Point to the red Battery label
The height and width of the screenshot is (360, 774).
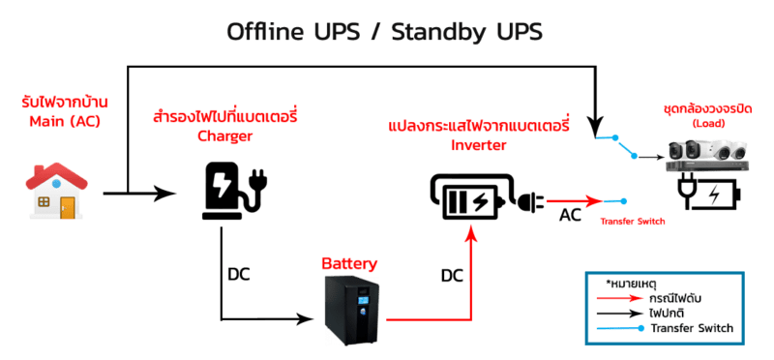click(349, 263)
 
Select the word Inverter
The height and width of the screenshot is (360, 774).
click(479, 145)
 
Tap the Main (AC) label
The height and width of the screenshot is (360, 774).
click(65, 122)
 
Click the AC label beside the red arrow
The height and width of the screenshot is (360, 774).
click(570, 215)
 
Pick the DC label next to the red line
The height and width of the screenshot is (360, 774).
click(452, 276)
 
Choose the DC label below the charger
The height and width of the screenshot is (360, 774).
click(239, 275)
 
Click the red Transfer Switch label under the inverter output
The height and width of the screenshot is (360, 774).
click(633, 222)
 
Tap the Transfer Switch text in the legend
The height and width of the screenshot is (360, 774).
click(692, 328)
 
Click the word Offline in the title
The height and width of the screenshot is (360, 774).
click(265, 33)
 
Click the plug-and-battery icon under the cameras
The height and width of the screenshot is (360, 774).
click(708, 193)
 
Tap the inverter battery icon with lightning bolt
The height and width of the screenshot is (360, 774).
click(469, 197)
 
